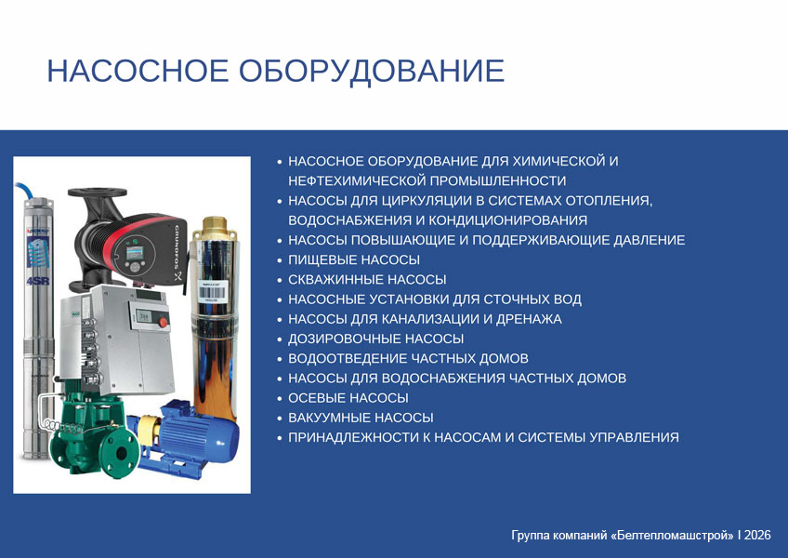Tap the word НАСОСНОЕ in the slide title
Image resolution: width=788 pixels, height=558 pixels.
[138, 71]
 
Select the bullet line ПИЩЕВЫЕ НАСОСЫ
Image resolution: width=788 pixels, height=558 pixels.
[354, 260]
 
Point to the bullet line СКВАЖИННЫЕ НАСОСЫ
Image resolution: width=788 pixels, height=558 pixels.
[367, 280]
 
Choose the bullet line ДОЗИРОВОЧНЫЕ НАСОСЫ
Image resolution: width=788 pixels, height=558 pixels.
[376, 339]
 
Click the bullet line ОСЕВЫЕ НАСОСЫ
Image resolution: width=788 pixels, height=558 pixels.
[348, 398]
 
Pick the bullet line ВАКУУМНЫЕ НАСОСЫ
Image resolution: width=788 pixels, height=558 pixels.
[361, 418]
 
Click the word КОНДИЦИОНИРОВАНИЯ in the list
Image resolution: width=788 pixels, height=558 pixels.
[508, 220]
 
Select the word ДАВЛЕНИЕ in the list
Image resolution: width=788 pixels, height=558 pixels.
[650, 241]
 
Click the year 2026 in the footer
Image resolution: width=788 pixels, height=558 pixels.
[757, 536]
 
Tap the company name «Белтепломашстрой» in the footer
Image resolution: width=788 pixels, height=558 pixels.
[673, 536]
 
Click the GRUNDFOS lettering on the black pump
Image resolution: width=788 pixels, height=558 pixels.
[177, 247]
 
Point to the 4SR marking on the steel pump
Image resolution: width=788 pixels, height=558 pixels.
[38, 280]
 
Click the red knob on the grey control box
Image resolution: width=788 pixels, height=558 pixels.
[163, 323]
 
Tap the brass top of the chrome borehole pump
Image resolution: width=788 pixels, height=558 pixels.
[215, 228]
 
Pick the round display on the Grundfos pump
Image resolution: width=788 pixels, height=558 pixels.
[135, 254]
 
